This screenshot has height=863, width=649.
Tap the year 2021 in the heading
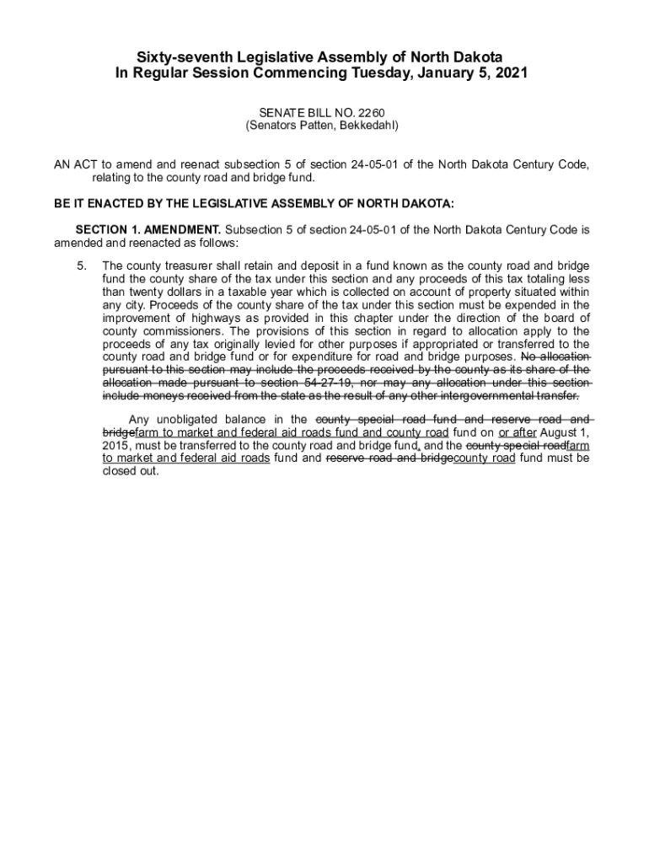510,73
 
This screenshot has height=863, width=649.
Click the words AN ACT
72,164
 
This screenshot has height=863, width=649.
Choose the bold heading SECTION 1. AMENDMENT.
148,229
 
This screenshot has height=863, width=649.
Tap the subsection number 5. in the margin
82,265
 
